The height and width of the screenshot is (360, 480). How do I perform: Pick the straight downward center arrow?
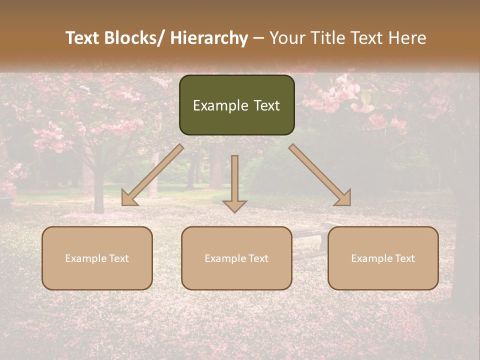coord(234,182)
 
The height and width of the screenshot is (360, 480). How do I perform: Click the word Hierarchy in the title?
coord(209,38)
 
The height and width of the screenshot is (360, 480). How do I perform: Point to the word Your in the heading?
coord(287,38)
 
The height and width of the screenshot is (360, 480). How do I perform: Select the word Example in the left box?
coord(83,258)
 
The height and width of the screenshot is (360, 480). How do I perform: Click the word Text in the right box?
coord(405,258)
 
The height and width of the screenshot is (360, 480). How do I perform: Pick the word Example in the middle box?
coord(222,258)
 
